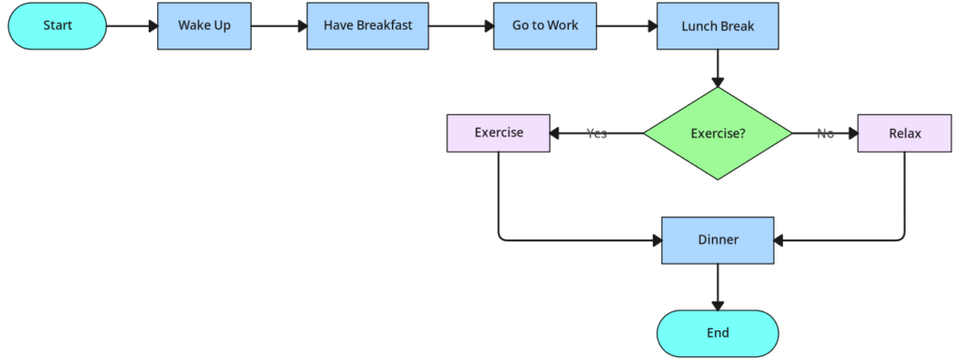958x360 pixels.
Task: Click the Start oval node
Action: point(57,25)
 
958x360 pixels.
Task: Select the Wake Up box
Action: point(204,25)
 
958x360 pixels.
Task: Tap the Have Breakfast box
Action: point(367,25)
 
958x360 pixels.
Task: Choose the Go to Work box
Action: point(545,25)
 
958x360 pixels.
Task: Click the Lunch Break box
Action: point(718,25)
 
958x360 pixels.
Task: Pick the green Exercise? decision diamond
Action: point(718,134)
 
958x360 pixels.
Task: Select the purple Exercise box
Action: point(498,133)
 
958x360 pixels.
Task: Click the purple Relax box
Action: point(905,134)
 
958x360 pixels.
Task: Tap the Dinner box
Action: point(718,240)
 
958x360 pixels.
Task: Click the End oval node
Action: point(718,333)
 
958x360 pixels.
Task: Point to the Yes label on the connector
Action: point(597,134)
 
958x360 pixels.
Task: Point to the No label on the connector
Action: point(825,134)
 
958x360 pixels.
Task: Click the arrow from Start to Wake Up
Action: point(131,26)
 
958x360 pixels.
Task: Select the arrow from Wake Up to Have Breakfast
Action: point(279,26)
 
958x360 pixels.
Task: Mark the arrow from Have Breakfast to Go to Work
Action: point(460,26)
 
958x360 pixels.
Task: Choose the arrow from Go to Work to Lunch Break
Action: point(627,26)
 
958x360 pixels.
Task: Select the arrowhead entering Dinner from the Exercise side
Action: point(655,240)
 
